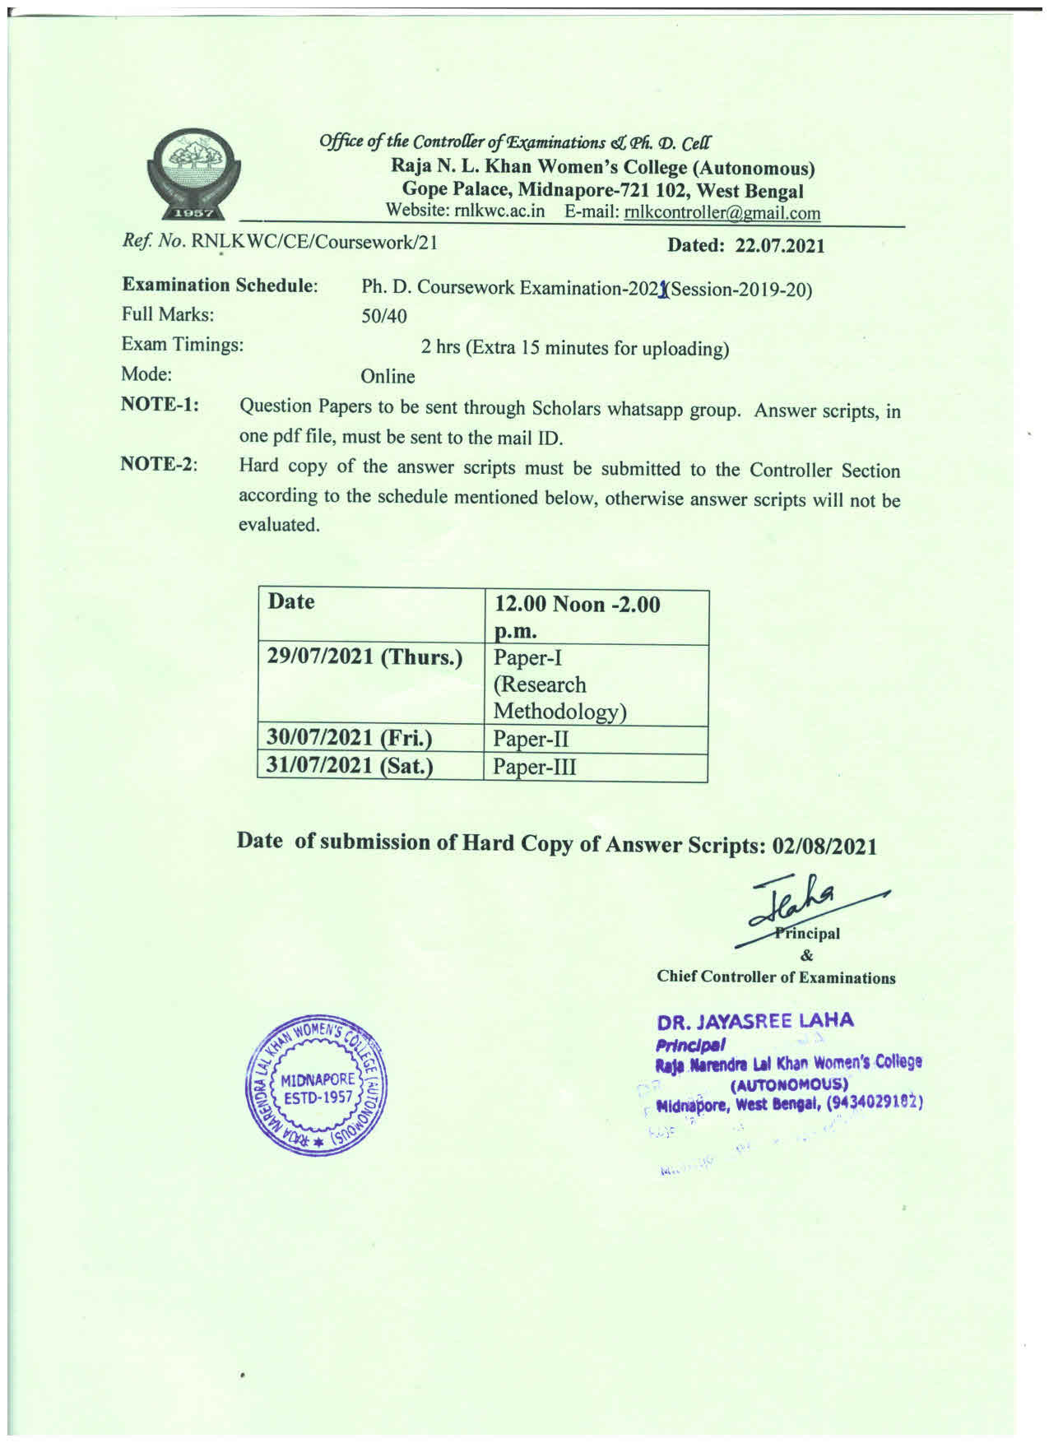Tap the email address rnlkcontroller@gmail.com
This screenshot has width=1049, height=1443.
[x=722, y=213]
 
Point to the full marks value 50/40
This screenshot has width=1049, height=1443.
[x=383, y=317]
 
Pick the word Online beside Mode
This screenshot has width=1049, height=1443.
[x=388, y=377]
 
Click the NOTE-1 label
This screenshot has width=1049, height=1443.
[x=160, y=405]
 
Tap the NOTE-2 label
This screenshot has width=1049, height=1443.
[x=160, y=464]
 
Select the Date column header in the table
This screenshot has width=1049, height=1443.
[x=291, y=601]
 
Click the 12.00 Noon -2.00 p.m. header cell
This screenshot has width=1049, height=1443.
[x=577, y=617]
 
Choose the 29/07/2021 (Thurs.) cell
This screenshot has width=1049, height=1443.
[x=365, y=657]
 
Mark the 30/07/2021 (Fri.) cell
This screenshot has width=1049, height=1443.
[x=350, y=738]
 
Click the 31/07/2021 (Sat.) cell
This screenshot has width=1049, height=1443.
[x=350, y=766]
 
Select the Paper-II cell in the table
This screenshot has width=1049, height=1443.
[x=531, y=739]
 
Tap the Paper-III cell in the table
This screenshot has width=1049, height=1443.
[x=534, y=767]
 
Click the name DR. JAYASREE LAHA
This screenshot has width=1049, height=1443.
[x=755, y=1022]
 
